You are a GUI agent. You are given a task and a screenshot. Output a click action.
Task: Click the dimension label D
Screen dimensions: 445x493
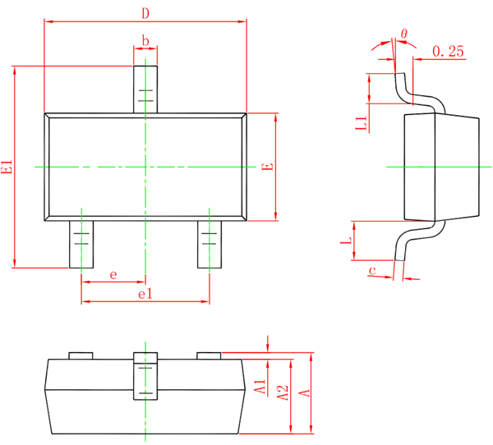(145, 13)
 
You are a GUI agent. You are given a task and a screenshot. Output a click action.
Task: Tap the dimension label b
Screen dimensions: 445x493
(145, 40)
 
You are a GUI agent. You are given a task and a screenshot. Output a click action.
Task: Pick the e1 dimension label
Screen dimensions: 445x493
(145, 293)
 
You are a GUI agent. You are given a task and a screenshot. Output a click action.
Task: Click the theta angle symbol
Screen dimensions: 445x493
(403, 34)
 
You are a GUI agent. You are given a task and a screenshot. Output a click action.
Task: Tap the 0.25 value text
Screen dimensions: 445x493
(447, 51)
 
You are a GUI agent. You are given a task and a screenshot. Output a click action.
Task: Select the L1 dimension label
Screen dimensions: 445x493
(360, 124)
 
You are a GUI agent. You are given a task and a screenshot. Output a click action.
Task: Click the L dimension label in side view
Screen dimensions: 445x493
(347, 241)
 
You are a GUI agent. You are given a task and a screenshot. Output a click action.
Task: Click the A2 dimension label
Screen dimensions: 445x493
(282, 393)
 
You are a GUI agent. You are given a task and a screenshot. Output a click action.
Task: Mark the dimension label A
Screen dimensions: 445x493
(303, 393)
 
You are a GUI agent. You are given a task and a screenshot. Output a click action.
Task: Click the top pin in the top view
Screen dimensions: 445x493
(145, 89)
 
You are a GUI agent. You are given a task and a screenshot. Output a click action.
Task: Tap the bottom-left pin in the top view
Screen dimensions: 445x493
(81, 243)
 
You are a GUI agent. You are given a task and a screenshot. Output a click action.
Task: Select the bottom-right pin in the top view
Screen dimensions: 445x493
(210, 243)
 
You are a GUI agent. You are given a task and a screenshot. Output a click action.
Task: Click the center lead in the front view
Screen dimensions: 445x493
(145, 376)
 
